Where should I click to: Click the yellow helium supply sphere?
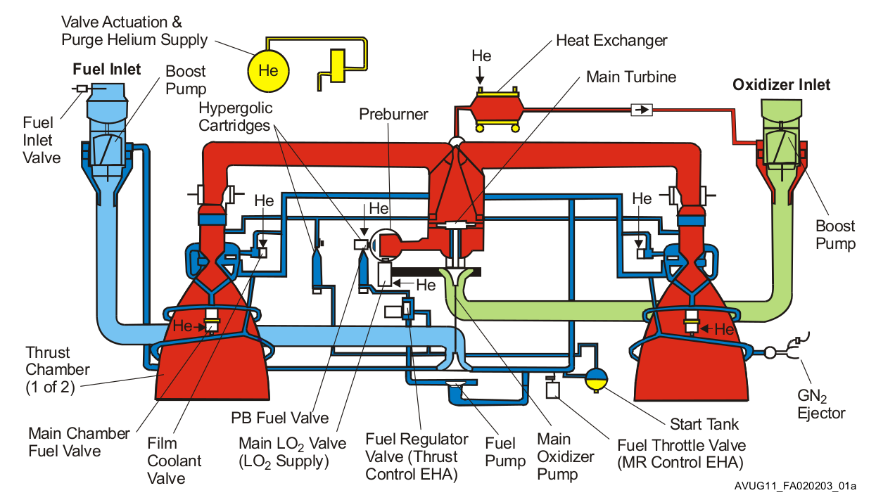coord(268,70)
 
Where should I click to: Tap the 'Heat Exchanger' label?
coord(611,40)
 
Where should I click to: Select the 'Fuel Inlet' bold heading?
coord(107,70)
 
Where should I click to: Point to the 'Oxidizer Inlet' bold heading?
coord(781,85)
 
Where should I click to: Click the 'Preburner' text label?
coord(393,113)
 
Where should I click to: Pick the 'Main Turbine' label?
coord(631,77)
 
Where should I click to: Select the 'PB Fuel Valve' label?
coord(280,418)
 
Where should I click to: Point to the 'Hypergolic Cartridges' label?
coord(235,117)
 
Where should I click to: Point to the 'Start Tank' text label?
coord(704,424)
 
